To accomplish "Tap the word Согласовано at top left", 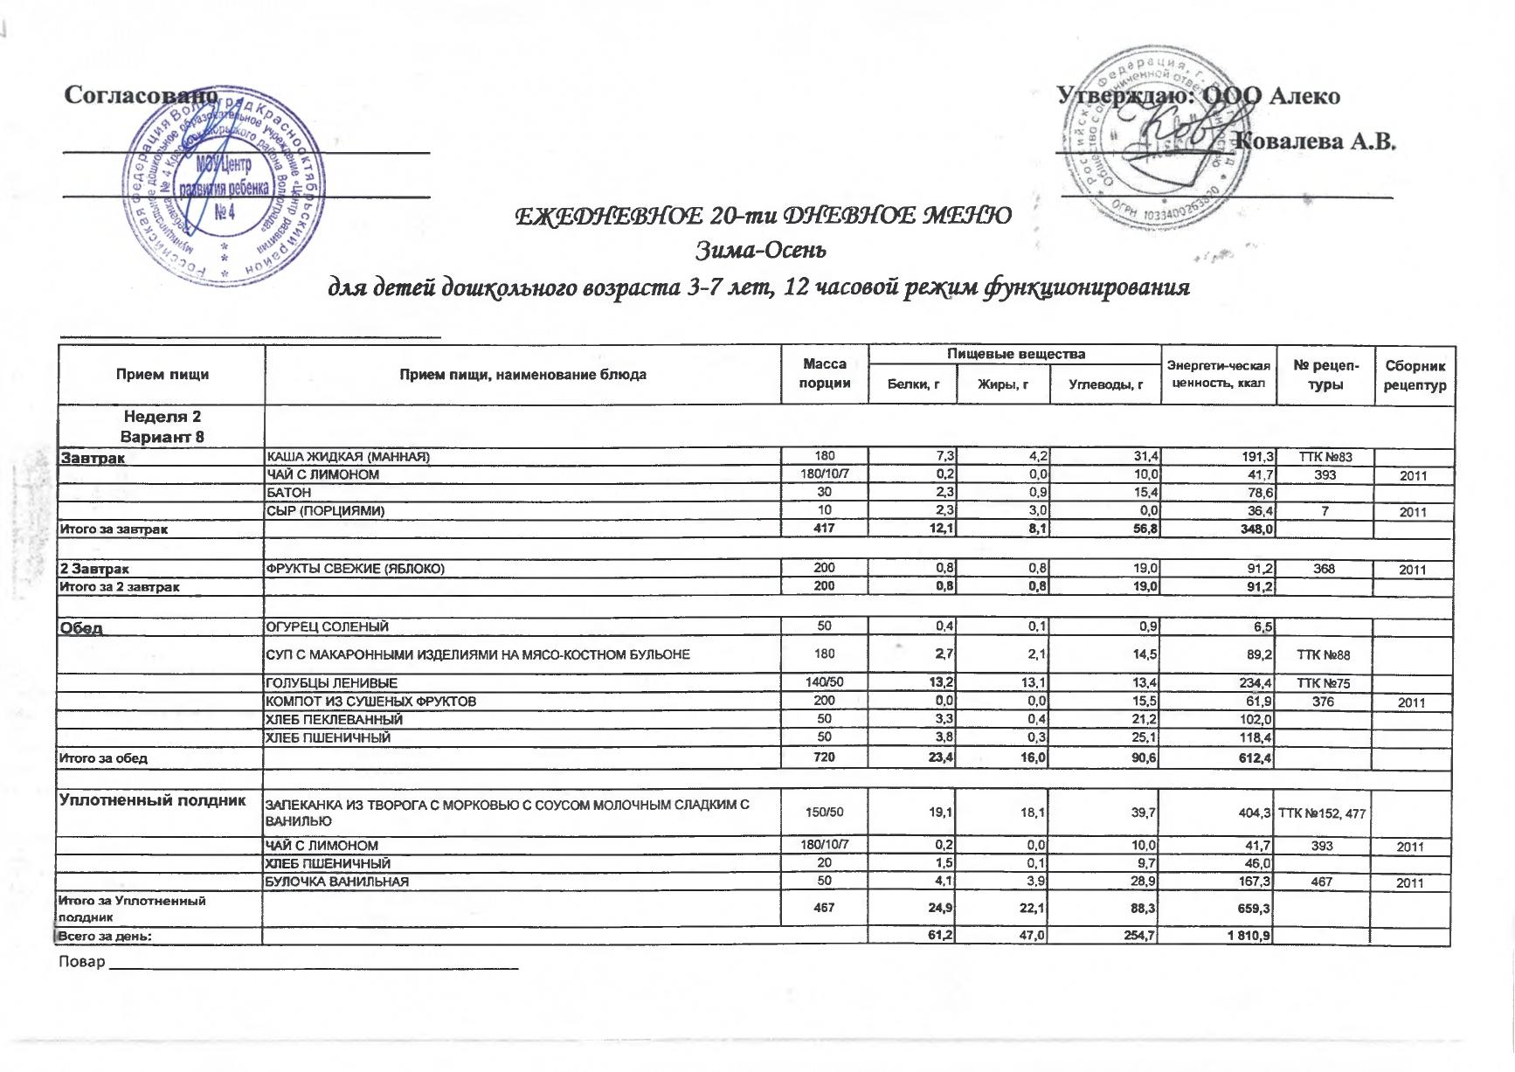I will click(139, 95).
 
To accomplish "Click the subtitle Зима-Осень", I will click(760, 251).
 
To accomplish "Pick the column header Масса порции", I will click(825, 374).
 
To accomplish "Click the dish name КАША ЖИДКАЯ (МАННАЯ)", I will click(348, 457).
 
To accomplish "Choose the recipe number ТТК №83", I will click(1325, 457).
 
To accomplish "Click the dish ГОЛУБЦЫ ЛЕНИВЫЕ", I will click(331, 682).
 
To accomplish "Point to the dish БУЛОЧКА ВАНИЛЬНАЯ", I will click(337, 882).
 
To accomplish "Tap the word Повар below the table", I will click(81, 962).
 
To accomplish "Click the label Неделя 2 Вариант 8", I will click(162, 426).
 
